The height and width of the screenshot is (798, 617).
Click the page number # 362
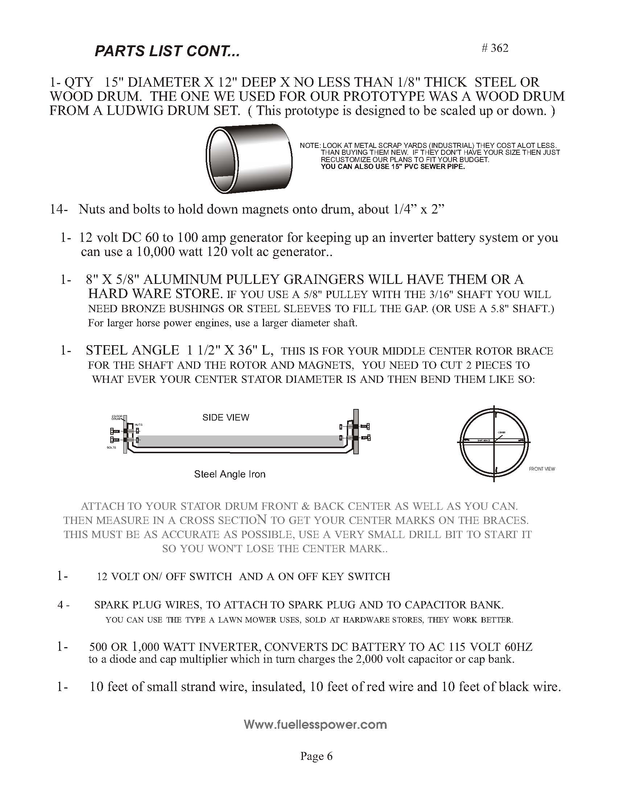[495, 48]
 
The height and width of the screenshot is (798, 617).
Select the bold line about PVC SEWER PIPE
[392, 167]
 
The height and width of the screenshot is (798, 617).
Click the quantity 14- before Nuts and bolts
[58, 209]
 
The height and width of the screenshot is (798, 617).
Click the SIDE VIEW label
[226, 417]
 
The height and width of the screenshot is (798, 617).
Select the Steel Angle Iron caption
[230, 474]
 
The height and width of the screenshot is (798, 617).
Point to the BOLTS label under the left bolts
[111, 448]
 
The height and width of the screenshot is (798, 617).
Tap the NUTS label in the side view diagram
[139, 425]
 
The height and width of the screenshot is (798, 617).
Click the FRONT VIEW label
[542, 469]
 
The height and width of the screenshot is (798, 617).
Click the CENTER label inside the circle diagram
[502, 433]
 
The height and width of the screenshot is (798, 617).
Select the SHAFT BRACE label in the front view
[483, 441]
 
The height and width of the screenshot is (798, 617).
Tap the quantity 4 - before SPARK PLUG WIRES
[63, 605]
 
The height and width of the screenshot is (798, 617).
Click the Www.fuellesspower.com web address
[315, 724]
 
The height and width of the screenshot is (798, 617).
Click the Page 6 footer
[316, 756]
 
